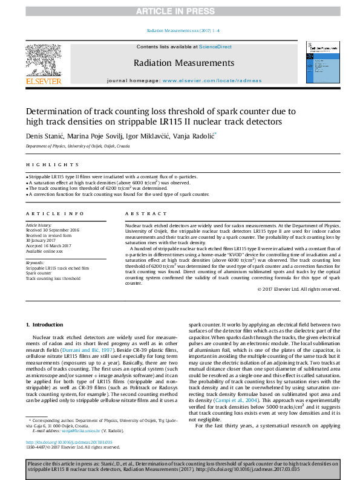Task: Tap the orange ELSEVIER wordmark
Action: click(43, 81)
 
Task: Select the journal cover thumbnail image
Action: click(321, 62)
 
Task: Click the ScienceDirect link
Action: click(215, 47)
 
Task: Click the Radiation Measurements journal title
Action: click(184, 63)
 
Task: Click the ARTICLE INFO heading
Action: click(55, 214)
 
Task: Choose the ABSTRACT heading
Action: click(146, 214)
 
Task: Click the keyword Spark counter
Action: click(39, 273)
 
